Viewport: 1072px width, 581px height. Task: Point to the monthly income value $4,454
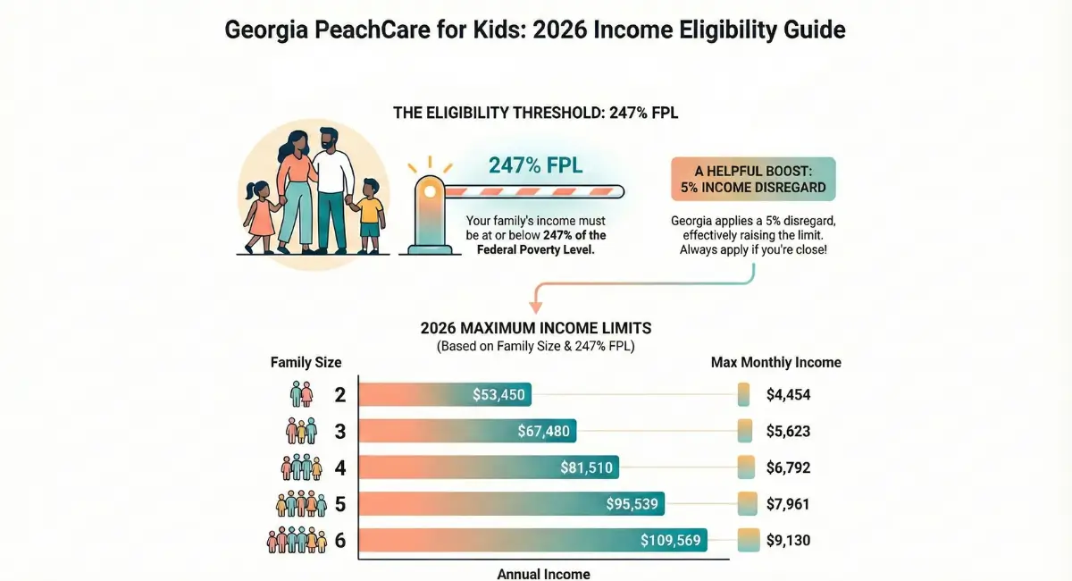coord(788,394)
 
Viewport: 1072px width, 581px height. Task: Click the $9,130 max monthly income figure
coord(788,540)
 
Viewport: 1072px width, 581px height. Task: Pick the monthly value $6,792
coord(788,467)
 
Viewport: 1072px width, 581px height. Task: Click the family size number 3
coord(339,431)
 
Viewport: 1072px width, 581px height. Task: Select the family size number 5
coord(339,503)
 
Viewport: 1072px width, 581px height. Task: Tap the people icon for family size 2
coord(302,394)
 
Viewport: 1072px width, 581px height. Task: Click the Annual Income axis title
coord(543,574)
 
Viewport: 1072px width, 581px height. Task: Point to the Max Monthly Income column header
coord(775,363)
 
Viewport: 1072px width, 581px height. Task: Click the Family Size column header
coord(306,363)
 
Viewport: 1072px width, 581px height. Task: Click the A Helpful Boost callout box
coord(752,179)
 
